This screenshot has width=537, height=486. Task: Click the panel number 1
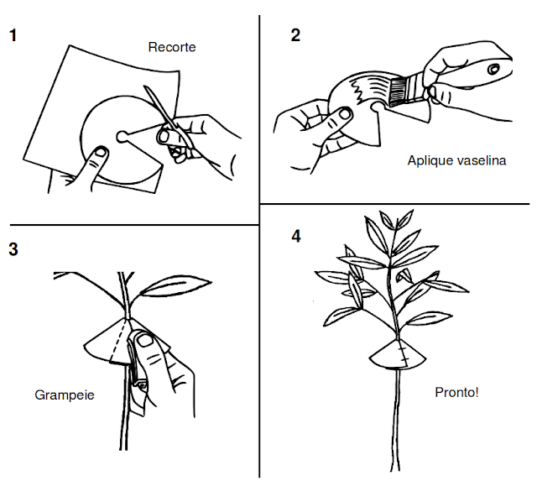click(x=13, y=36)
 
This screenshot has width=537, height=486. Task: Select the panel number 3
click(x=13, y=249)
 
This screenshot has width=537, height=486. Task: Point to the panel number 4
click(x=295, y=236)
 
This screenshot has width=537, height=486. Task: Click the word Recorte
click(x=171, y=47)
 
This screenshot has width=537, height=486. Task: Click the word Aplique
click(x=428, y=160)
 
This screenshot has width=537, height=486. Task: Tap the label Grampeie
click(x=63, y=394)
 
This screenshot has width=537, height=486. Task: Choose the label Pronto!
click(x=456, y=392)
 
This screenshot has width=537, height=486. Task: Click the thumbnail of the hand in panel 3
click(x=145, y=340)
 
